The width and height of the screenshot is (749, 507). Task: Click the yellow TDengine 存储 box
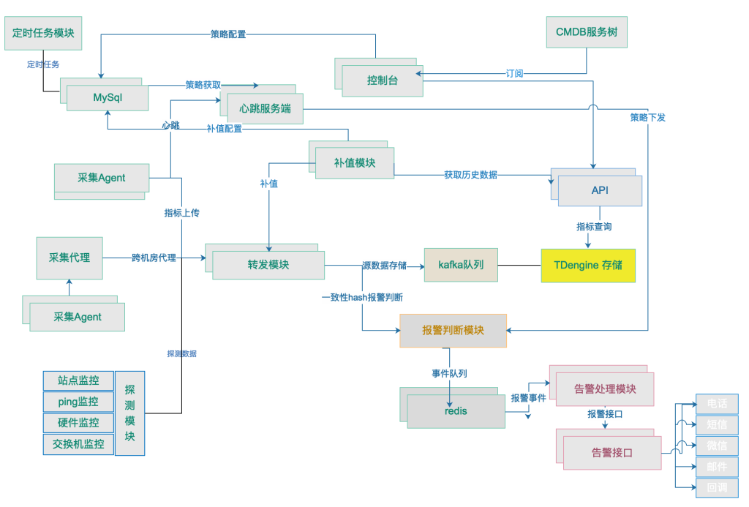(x=588, y=266)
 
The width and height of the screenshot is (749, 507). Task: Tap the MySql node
(x=108, y=98)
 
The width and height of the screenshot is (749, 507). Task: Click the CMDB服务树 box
(x=587, y=32)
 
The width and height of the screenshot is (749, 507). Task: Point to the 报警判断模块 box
(x=453, y=331)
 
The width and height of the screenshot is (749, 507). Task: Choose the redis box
(x=456, y=411)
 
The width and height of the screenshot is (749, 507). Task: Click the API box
(x=600, y=190)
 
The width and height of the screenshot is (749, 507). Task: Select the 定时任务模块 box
(x=43, y=33)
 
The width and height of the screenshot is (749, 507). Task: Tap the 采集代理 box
(x=69, y=258)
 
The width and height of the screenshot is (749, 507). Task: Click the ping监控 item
(x=78, y=402)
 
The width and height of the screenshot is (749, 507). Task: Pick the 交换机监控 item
(x=78, y=443)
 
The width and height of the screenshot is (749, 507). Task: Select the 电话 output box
(x=717, y=404)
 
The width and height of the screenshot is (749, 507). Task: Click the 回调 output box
(x=717, y=487)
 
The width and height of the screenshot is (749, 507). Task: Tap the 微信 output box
(x=717, y=446)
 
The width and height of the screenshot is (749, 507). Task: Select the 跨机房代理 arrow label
(x=154, y=258)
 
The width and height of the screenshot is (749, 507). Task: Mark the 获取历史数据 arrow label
(x=470, y=175)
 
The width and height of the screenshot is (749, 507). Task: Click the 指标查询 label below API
(x=593, y=227)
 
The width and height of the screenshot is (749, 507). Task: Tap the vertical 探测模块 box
(x=130, y=413)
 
